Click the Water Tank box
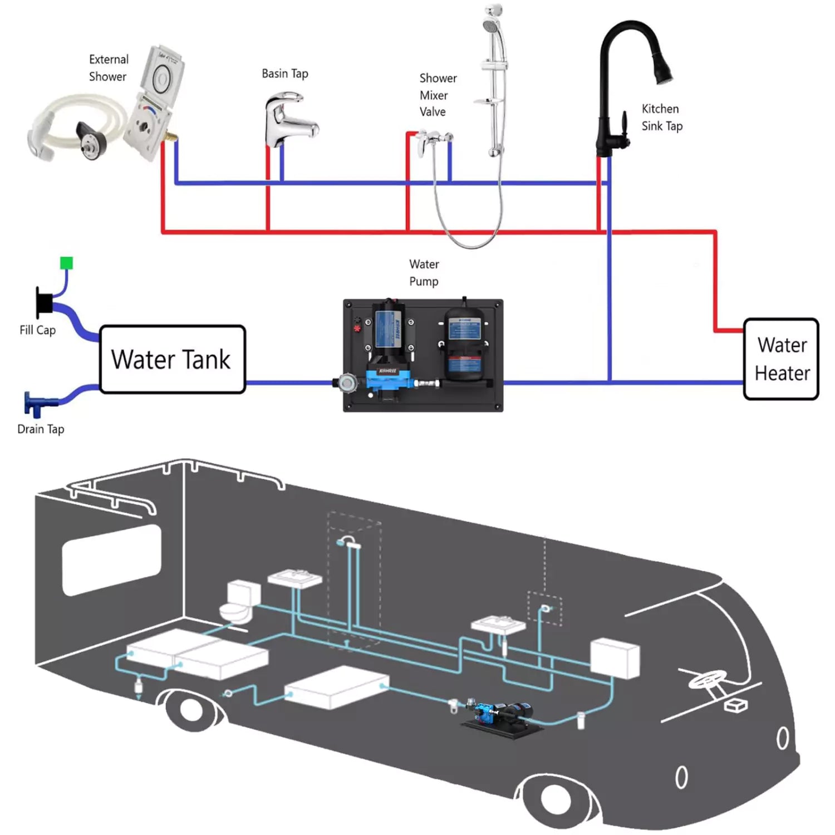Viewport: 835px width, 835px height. [x=172, y=359]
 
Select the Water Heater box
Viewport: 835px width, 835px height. [x=781, y=359]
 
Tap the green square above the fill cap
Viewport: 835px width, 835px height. [x=66, y=263]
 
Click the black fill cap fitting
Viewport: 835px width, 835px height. [x=43, y=303]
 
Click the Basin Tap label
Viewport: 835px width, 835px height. [x=284, y=73]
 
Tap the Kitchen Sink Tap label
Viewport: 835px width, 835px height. [x=661, y=117]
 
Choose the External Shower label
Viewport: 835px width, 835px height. [x=109, y=68]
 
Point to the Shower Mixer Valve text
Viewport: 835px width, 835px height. [x=437, y=95]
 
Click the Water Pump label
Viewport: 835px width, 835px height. [x=424, y=272]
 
